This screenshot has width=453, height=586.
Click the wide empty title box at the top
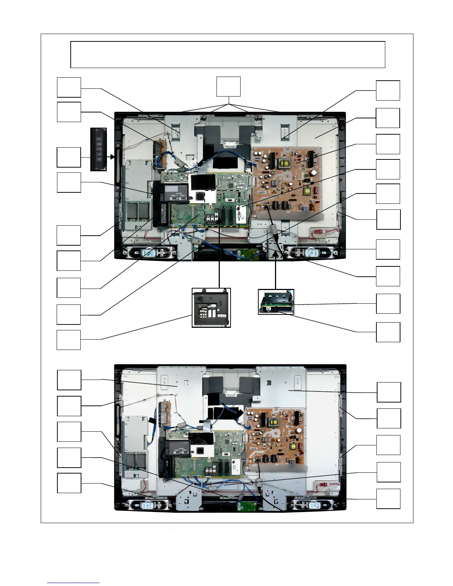[228, 55]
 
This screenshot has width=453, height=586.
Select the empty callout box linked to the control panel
[69, 157]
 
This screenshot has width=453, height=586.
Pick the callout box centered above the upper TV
[228, 87]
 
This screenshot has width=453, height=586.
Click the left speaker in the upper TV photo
[150, 253]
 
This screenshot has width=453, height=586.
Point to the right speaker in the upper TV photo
[309, 253]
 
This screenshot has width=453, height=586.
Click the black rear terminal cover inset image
[211, 308]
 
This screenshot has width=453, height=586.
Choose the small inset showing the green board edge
[276, 302]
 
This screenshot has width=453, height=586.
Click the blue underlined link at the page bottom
[73, 583]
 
